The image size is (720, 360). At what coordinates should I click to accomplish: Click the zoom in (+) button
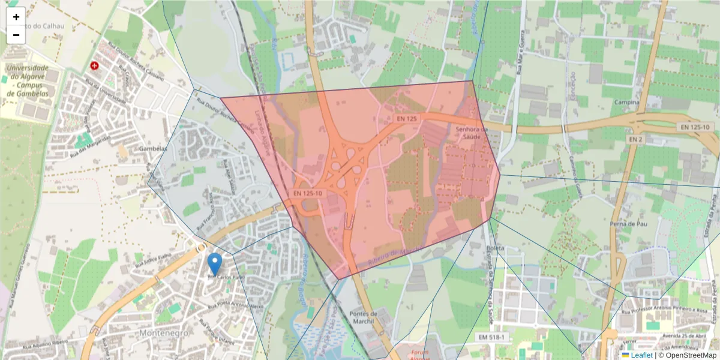click(16, 17)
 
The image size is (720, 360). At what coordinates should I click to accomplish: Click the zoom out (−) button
click(16, 35)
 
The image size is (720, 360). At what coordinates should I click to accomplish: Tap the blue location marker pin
click(214, 264)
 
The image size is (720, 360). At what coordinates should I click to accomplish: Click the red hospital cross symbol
click(94, 65)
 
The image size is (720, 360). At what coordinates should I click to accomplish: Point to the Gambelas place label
click(152, 148)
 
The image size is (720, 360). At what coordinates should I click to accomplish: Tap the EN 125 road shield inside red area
click(406, 119)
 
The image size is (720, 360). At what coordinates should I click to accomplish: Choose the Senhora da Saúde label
click(473, 133)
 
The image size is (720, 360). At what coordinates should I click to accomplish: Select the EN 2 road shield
click(635, 139)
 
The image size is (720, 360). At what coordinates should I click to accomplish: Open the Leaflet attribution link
click(641, 355)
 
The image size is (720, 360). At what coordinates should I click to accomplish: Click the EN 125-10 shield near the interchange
click(308, 193)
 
